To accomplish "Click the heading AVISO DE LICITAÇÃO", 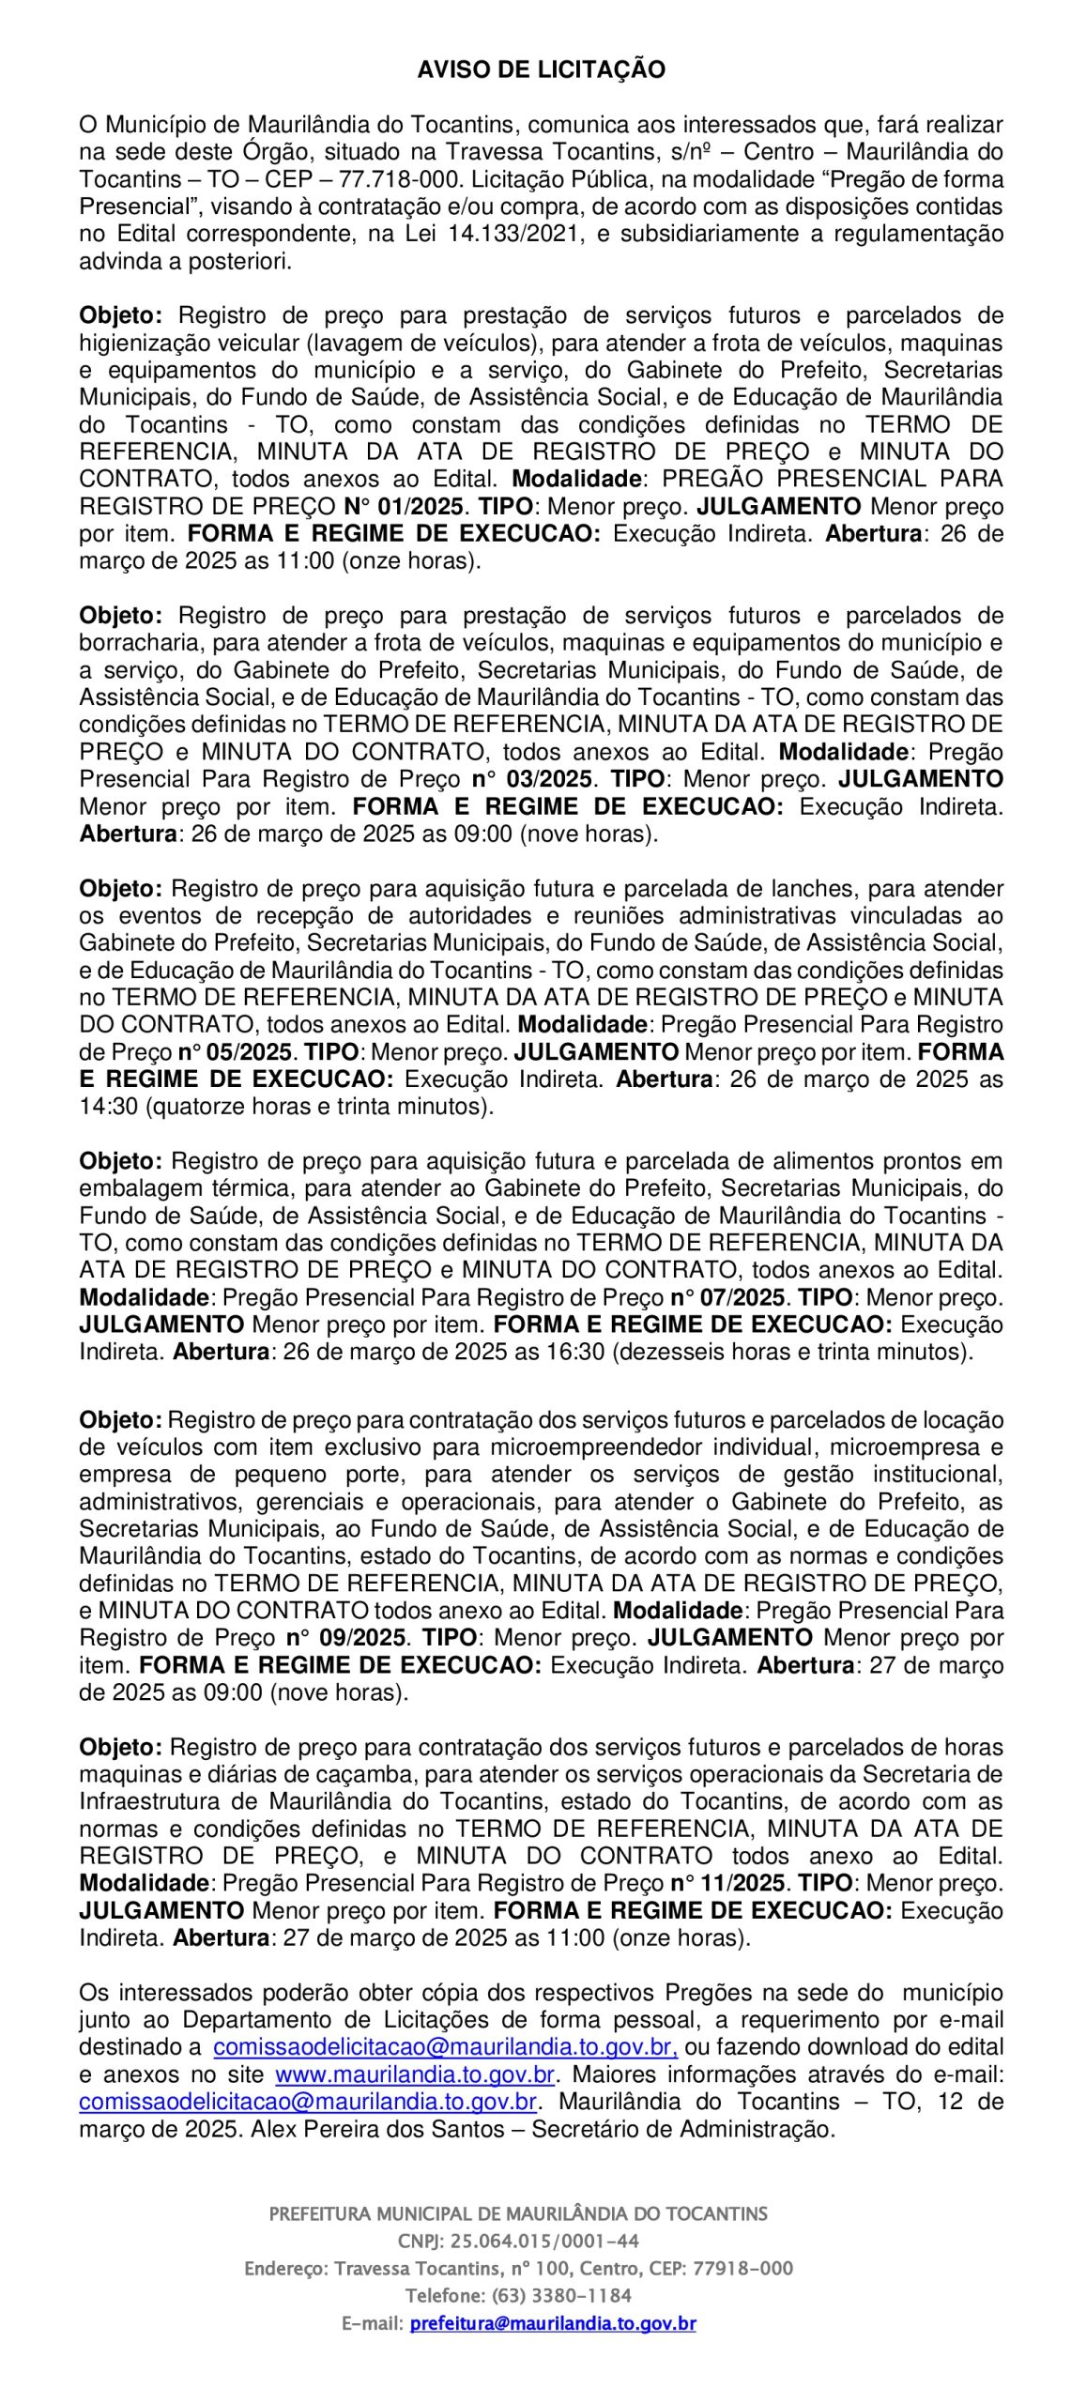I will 542,70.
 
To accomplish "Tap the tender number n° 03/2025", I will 531,779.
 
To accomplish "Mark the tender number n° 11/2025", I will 727,1883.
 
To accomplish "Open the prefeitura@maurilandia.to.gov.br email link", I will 553,2324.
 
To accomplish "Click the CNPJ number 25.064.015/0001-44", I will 545,2242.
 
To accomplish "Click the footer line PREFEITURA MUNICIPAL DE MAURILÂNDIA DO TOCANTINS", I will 518,2213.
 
